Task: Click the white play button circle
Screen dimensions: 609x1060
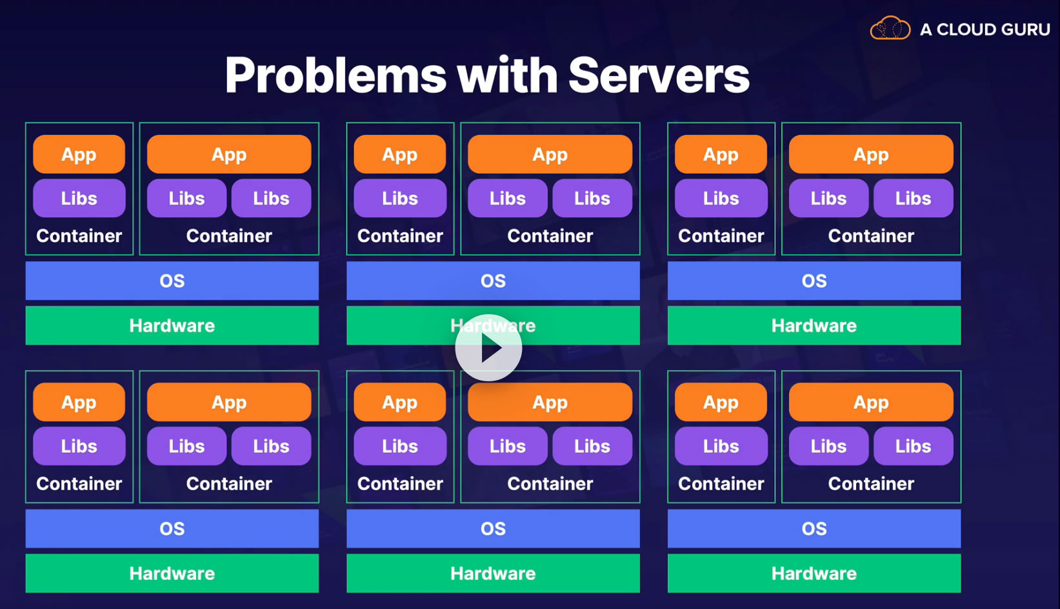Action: point(488,348)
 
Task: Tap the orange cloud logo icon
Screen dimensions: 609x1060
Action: point(890,28)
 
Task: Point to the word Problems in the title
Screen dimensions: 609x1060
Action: point(335,75)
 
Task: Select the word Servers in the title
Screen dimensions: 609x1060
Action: point(659,75)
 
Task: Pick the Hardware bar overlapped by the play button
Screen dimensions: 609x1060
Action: point(581,326)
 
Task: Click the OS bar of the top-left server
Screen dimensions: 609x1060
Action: point(172,281)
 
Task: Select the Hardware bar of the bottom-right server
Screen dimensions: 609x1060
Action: point(814,574)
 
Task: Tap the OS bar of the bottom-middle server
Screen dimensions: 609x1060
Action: point(493,529)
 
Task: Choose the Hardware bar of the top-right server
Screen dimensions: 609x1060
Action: point(814,326)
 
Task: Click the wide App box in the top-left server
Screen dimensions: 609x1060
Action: point(229,154)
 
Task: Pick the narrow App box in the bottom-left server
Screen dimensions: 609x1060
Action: point(79,403)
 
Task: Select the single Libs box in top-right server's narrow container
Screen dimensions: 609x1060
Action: point(721,198)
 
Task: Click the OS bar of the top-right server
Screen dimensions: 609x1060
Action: point(814,281)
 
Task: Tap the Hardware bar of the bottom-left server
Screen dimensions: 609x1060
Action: point(172,574)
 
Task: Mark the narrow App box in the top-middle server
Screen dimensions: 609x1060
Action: point(400,154)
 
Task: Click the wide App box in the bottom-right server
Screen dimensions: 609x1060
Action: point(871,403)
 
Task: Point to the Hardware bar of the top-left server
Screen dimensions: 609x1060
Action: point(172,326)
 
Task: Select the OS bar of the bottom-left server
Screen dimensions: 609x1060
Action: point(172,529)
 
